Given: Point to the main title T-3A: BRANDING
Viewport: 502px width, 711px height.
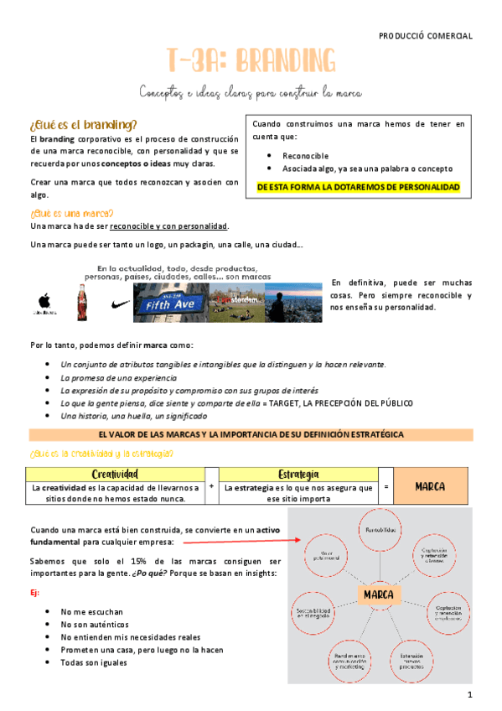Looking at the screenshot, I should pyautogui.click(x=251, y=61).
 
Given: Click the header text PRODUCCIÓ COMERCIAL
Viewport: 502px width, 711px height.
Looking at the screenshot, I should pyautogui.click(x=426, y=36).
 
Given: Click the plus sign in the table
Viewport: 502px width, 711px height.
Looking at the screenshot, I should pyautogui.click(x=211, y=486).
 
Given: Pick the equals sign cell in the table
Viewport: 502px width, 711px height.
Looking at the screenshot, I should pyautogui.click(x=386, y=486).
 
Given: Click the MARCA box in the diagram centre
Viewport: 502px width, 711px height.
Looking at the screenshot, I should pyautogui.click(x=379, y=594).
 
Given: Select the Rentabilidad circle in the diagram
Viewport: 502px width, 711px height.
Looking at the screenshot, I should pyautogui.click(x=379, y=532).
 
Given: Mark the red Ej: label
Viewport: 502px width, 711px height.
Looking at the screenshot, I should pyautogui.click(x=34, y=592).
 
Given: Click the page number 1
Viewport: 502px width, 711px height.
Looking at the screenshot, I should pyautogui.click(x=470, y=695).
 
